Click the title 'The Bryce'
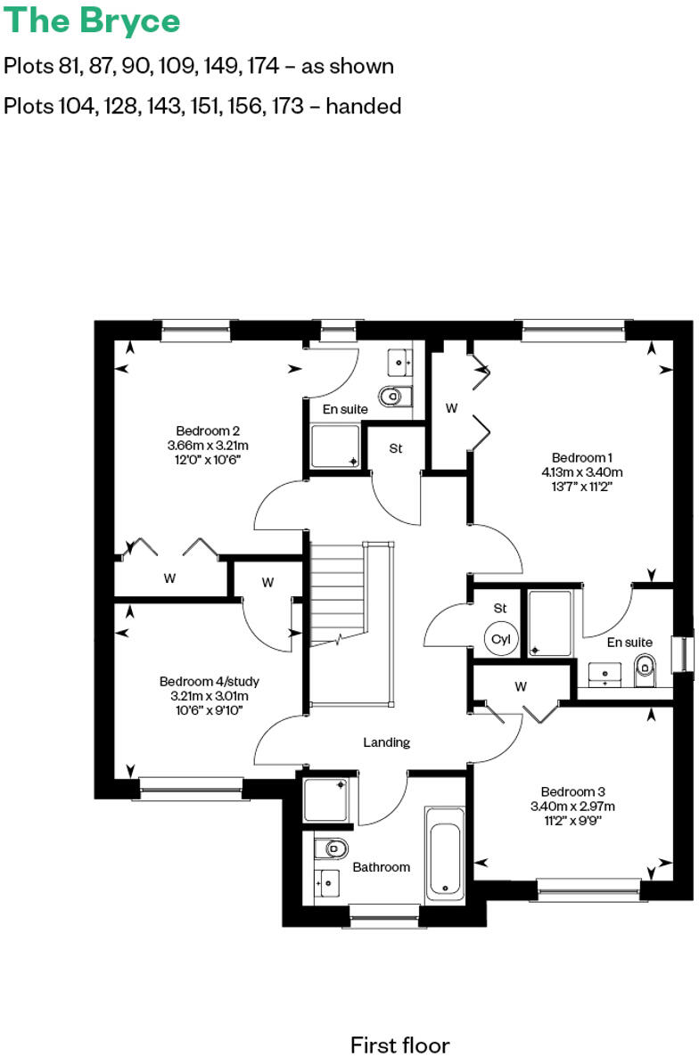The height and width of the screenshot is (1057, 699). [x=93, y=20]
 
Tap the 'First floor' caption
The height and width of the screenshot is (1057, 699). [x=399, y=1045]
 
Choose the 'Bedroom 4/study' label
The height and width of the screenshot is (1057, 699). [x=209, y=681]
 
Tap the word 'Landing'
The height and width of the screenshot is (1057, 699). [x=386, y=742]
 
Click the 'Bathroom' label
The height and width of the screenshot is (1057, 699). [x=381, y=866]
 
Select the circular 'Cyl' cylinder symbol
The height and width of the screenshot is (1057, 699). [x=500, y=640]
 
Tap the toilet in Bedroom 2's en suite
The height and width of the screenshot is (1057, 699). [x=392, y=395]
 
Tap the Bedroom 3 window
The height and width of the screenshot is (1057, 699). [x=588, y=887]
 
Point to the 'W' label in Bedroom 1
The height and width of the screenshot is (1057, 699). [x=452, y=408]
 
